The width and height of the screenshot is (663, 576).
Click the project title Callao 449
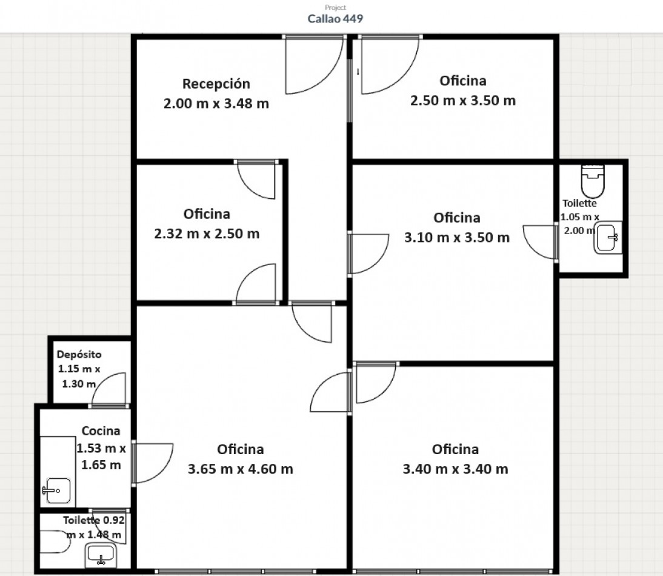(x=335, y=19)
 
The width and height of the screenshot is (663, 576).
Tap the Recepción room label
(x=216, y=84)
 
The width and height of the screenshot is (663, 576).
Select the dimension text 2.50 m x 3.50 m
(x=463, y=101)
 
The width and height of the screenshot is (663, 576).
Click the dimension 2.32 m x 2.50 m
(x=207, y=234)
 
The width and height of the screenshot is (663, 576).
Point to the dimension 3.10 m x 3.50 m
(x=457, y=238)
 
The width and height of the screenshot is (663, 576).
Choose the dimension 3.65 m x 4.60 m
(x=240, y=469)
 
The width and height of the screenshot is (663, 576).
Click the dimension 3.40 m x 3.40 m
(x=455, y=469)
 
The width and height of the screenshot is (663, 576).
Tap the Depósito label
(x=79, y=355)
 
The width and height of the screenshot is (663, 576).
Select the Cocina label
(x=101, y=431)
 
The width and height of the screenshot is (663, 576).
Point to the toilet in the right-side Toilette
(x=593, y=181)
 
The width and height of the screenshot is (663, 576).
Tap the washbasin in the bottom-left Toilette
(x=100, y=555)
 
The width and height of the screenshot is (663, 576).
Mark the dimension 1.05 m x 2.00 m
(x=580, y=224)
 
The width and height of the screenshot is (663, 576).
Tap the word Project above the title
(x=335, y=7)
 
